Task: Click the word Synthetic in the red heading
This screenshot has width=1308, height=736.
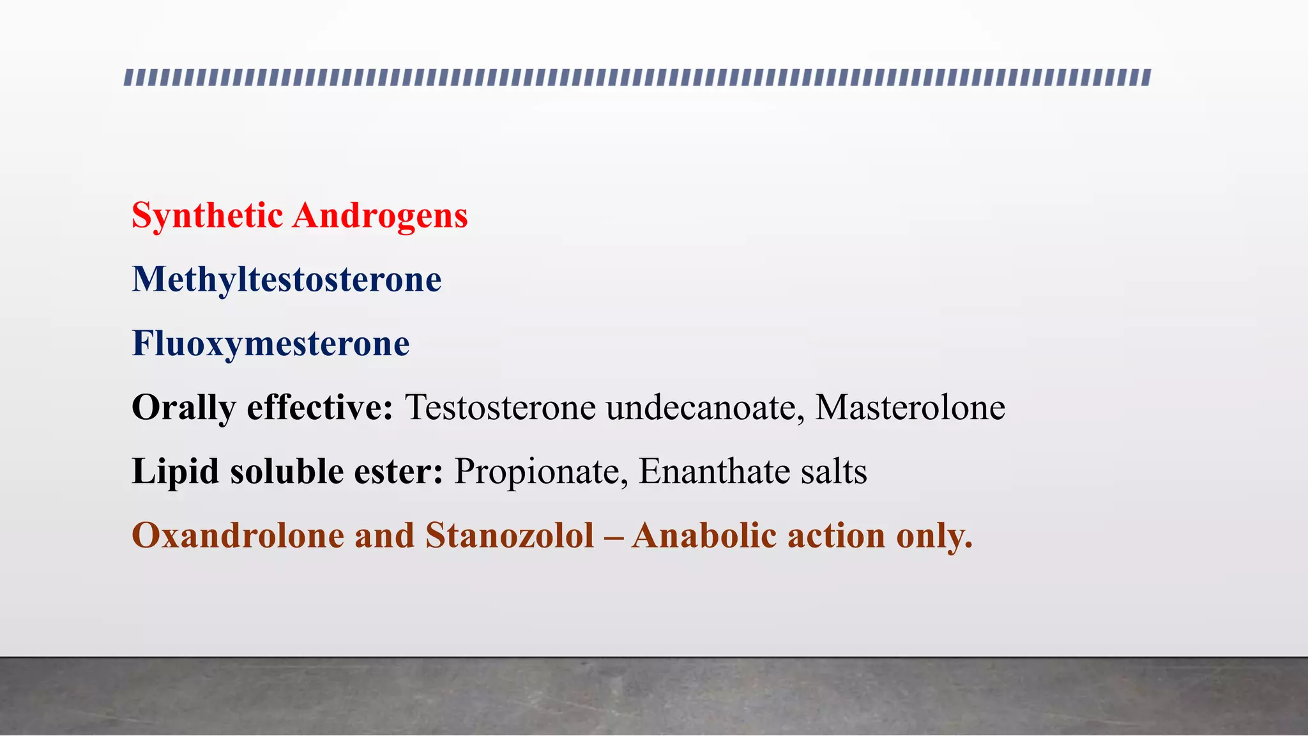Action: (207, 216)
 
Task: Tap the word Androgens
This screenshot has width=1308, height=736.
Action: (380, 216)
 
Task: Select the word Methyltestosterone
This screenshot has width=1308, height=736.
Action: (287, 280)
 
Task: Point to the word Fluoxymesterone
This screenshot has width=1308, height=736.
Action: (271, 344)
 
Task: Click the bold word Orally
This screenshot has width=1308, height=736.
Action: (183, 408)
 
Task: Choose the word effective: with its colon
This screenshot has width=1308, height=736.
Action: (320, 408)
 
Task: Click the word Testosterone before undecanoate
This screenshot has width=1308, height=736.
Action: (500, 408)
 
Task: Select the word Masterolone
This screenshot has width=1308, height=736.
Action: (910, 408)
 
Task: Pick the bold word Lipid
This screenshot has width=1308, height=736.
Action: (175, 471)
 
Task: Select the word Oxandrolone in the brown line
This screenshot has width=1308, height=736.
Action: (238, 535)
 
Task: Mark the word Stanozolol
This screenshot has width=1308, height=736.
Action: (510, 535)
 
